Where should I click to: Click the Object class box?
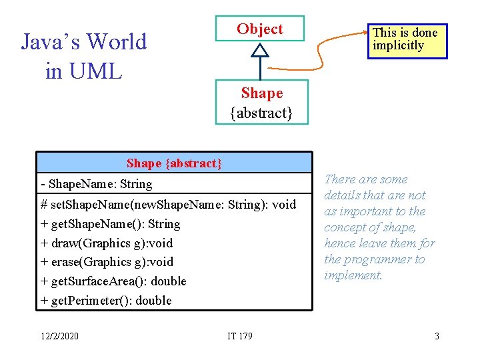[x=259, y=29]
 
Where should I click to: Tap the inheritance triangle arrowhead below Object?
[x=260, y=50]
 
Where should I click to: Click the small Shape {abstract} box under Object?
[x=261, y=102]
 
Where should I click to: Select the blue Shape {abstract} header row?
[x=174, y=163]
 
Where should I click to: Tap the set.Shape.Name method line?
[x=168, y=204]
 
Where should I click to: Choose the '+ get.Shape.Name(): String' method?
[x=111, y=223]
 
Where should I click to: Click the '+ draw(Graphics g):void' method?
[x=107, y=243]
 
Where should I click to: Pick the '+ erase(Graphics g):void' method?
[x=107, y=261]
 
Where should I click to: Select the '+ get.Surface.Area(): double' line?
[x=113, y=281]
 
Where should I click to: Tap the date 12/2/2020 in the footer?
[x=59, y=335]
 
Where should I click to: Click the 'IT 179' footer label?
[x=239, y=335]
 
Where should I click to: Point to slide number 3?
[x=437, y=335]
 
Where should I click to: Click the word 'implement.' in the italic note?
[x=353, y=275]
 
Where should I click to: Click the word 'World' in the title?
[x=116, y=41]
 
